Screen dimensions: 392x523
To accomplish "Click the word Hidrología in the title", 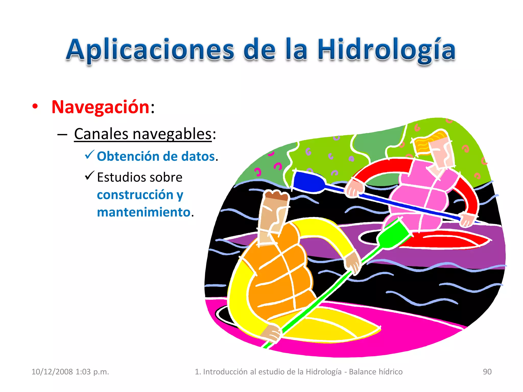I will (x=386, y=50).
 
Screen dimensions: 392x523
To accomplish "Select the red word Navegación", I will (x=100, y=107).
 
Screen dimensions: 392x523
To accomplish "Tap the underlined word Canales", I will (x=101, y=134).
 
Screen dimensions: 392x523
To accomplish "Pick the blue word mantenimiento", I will (x=144, y=212).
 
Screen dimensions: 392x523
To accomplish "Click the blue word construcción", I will (x=135, y=195).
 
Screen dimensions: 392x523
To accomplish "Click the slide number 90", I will (x=487, y=372).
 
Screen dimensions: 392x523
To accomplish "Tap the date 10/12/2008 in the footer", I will (x=52, y=372).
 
